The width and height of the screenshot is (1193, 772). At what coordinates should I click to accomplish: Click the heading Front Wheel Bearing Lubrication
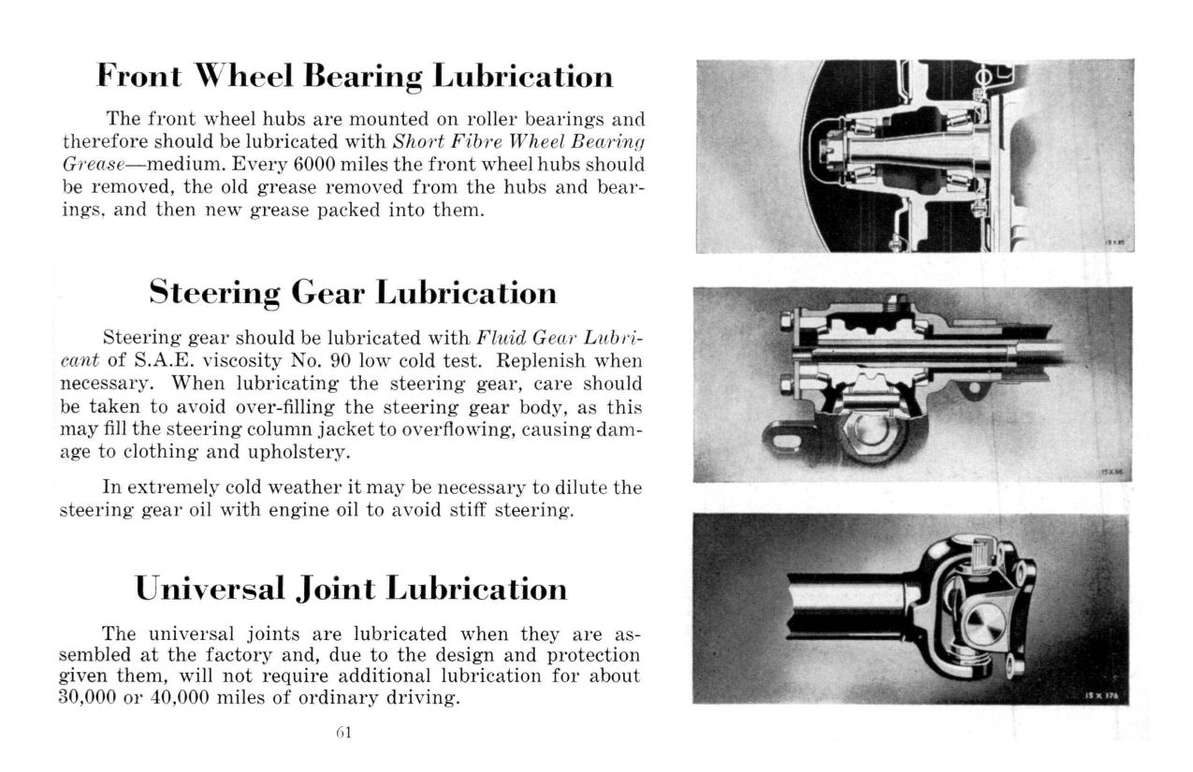click(x=355, y=76)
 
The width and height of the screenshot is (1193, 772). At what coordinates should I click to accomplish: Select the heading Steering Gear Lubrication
click(x=353, y=293)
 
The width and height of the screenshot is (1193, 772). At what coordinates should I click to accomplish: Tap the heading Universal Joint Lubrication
click(x=351, y=589)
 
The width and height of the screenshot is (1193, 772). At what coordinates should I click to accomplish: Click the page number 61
click(x=342, y=732)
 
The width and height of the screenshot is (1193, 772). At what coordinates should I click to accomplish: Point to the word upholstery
click(x=296, y=451)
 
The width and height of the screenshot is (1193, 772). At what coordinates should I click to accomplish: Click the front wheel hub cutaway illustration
click(x=914, y=156)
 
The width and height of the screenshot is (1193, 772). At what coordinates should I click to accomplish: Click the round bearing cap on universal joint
click(x=982, y=624)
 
